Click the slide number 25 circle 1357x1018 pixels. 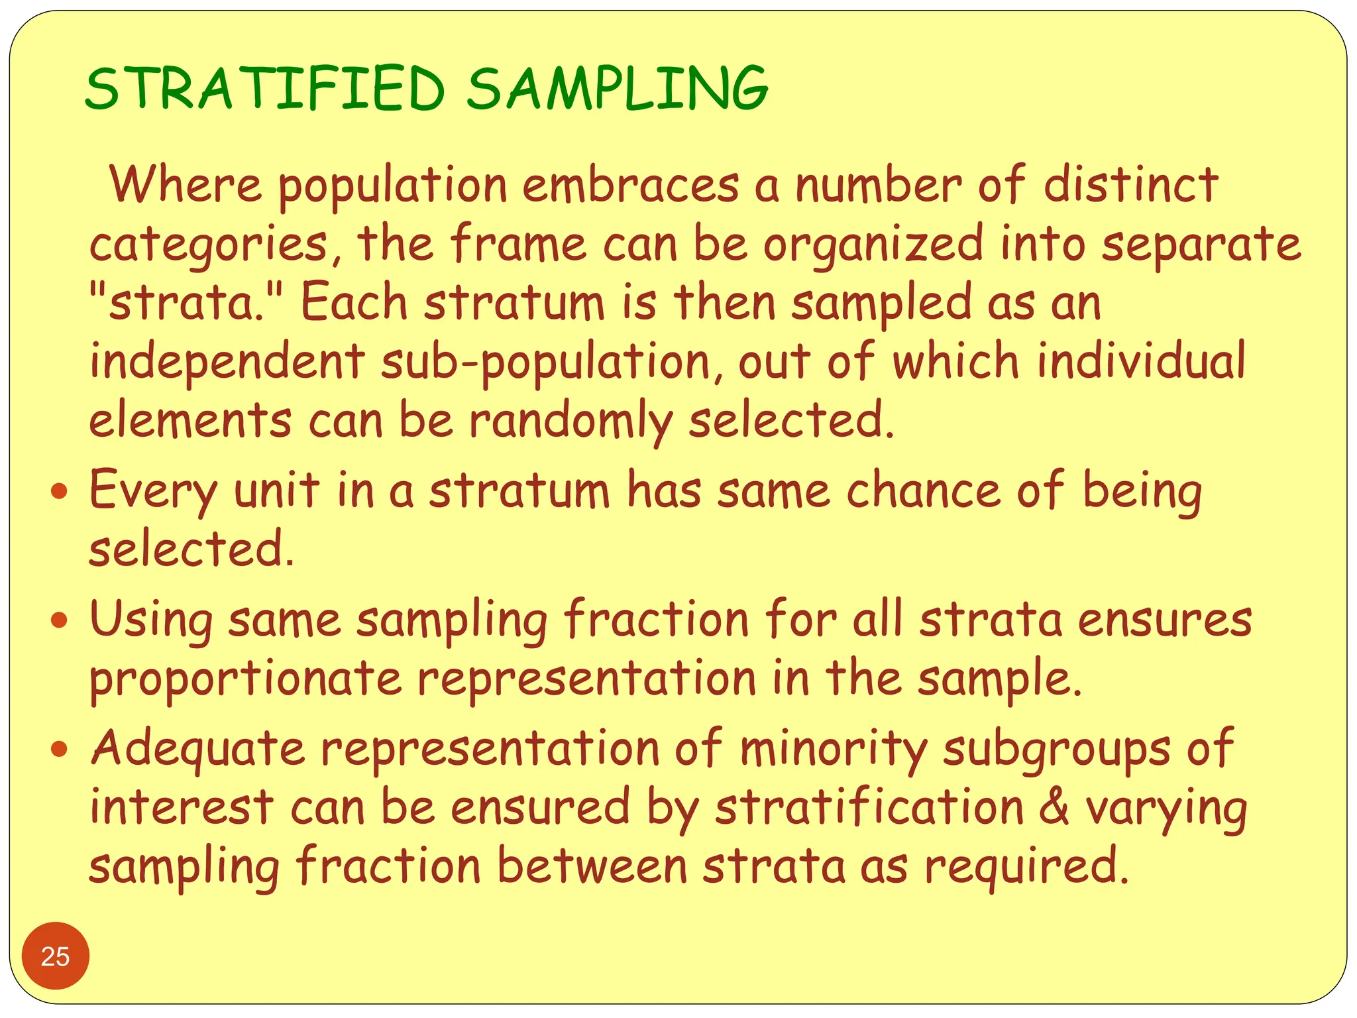(x=55, y=956)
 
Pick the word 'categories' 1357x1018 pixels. (x=209, y=244)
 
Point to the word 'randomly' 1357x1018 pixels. (x=570, y=421)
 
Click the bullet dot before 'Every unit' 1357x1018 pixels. (x=60, y=492)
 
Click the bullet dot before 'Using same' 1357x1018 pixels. (x=60, y=621)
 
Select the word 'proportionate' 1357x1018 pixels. (x=246, y=679)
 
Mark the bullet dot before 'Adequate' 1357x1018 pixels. (x=60, y=750)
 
